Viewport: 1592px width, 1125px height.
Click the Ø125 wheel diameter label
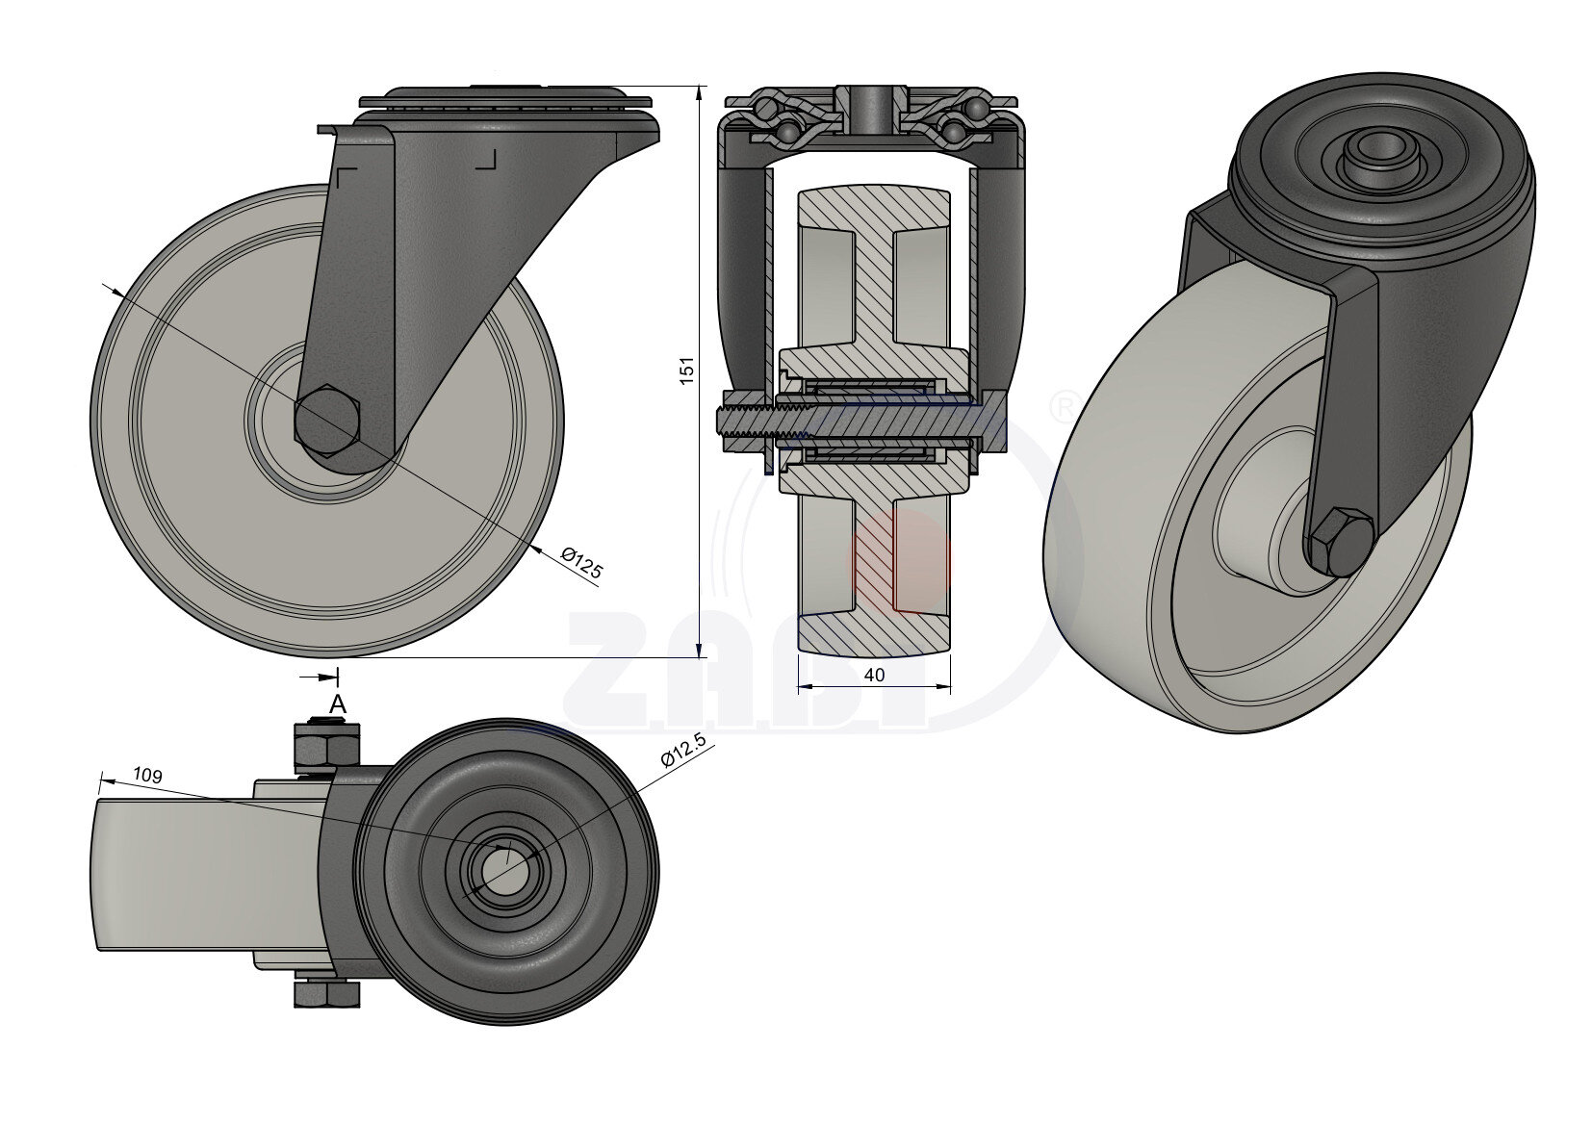point(581,564)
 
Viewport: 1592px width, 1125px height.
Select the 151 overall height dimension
point(686,371)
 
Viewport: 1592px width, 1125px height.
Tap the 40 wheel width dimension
point(874,676)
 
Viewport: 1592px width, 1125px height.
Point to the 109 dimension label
point(146,774)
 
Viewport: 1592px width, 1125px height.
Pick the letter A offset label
point(338,704)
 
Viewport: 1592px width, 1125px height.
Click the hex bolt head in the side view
point(326,420)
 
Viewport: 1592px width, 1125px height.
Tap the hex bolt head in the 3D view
point(1339,544)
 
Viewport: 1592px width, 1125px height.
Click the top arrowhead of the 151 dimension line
point(698,89)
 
